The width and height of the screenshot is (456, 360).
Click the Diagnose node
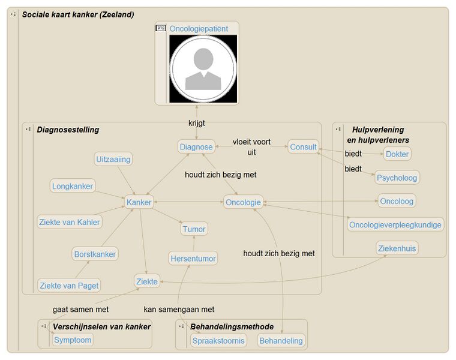196,147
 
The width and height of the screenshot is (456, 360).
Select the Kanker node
139,202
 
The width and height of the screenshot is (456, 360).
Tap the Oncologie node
243,202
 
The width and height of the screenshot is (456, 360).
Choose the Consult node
303,147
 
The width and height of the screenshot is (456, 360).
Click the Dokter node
397,154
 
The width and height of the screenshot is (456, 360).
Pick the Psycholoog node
397,178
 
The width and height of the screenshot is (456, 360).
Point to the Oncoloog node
397,201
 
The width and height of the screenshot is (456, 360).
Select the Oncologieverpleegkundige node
395,225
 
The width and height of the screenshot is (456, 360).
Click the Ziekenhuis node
397,248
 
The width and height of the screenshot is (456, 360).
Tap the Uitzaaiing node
113,160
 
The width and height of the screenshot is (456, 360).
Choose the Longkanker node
73,186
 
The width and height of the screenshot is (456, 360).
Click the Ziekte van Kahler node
69,222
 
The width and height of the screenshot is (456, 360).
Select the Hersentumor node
193,258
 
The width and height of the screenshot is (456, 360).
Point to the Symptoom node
73,340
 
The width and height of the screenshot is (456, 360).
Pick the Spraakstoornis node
218,341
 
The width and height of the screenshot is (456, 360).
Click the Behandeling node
281,341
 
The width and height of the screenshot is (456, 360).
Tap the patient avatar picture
203,69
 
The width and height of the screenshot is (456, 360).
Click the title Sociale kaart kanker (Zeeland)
78,14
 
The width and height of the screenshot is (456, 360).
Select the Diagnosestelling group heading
68,130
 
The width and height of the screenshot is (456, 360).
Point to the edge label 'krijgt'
196,123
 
